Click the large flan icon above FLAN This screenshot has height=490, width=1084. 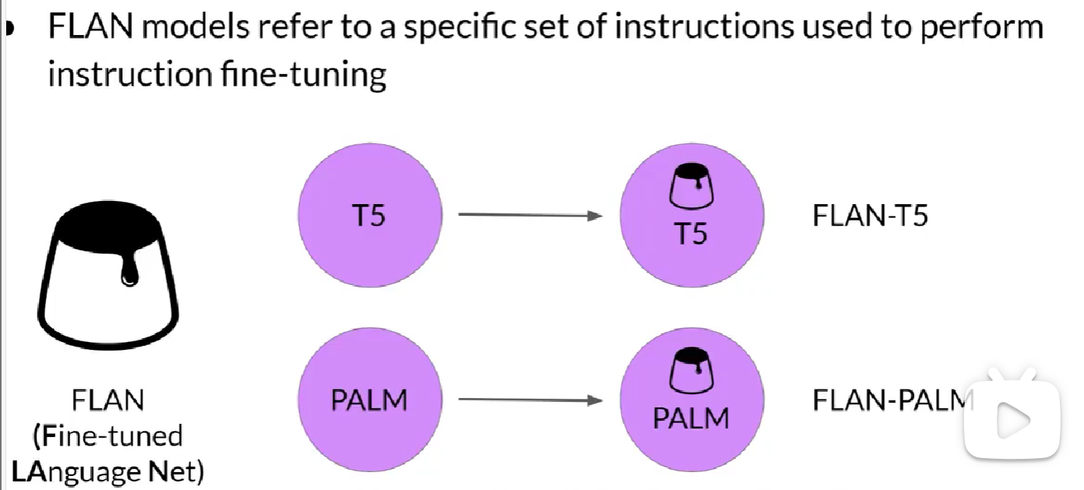[x=108, y=273]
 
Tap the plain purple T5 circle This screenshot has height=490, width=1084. [x=370, y=214]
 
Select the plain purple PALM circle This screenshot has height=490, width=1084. [x=370, y=400]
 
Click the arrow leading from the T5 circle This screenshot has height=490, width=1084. [x=530, y=215]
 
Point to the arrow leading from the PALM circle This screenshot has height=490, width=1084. [x=530, y=400]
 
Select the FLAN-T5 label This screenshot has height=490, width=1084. [x=870, y=215]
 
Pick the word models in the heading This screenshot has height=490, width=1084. [x=198, y=27]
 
